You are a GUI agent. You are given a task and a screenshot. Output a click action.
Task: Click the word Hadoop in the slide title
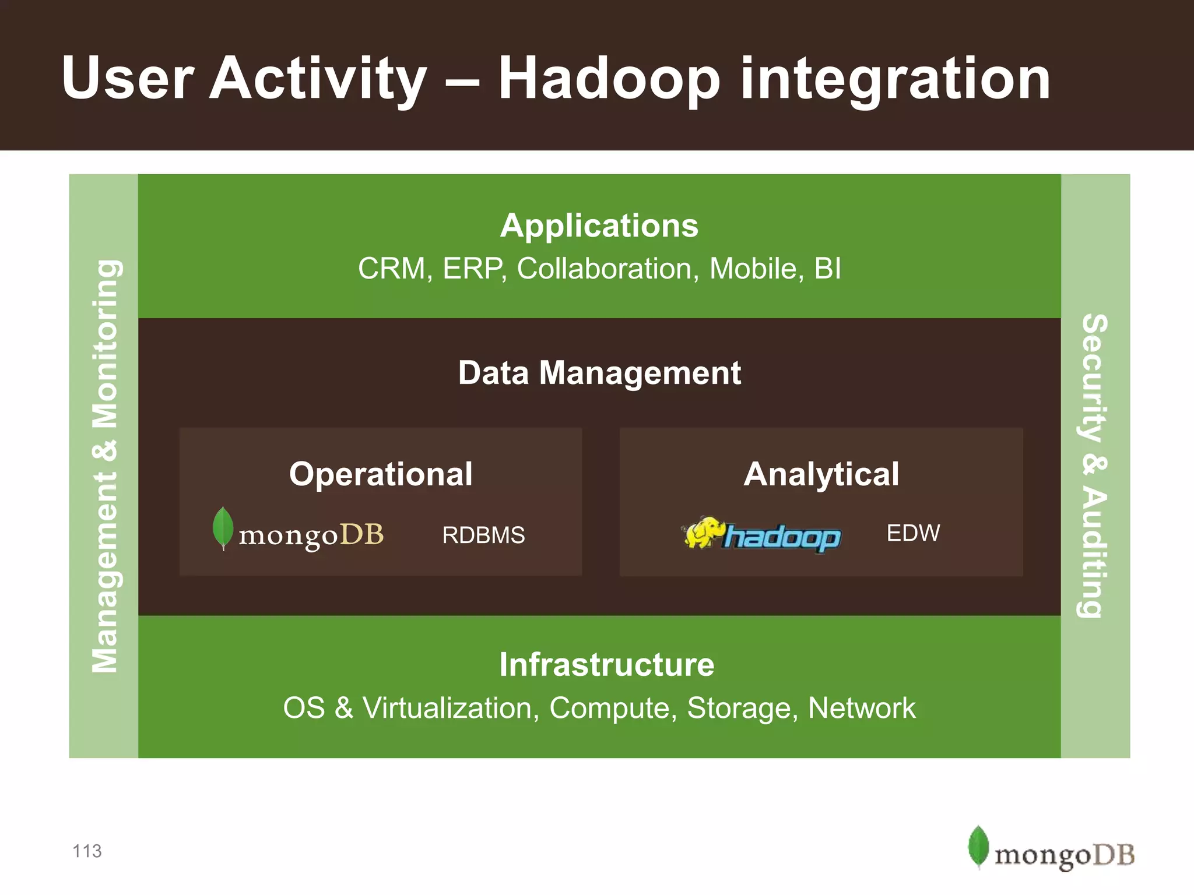(609, 79)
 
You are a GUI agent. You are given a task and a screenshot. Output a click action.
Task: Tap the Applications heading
(599, 225)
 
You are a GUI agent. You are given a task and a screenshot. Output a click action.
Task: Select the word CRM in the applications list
(391, 269)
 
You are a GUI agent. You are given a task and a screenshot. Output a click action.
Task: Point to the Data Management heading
(599, 373)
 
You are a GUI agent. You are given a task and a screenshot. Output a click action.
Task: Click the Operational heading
(381, 474)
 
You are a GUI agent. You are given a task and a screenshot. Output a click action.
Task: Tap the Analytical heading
(821, 474)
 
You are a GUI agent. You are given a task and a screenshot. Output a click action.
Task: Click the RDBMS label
(483, 535)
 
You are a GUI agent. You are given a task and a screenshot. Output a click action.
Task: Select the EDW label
(913, 533)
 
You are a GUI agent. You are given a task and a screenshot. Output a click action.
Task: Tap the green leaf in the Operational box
(223, 527)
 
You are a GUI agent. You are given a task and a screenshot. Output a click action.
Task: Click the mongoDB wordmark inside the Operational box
(311, 535)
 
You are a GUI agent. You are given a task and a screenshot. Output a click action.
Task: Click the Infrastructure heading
(606, 665)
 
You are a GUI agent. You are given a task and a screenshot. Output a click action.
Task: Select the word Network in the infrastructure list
(861, 708)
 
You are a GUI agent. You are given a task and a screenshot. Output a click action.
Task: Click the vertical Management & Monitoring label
(105, 466)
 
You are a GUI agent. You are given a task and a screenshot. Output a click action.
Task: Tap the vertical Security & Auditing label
(1094, 466)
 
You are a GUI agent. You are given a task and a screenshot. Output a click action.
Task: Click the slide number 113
(87, 851)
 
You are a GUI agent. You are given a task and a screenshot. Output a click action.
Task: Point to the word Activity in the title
(318, 79)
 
